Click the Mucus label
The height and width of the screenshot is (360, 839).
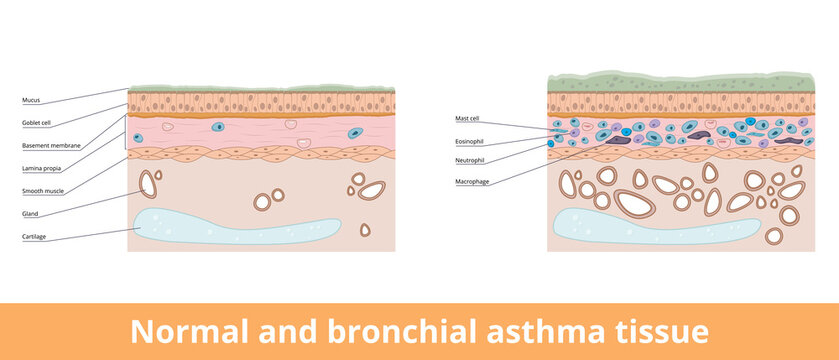click(31, 101)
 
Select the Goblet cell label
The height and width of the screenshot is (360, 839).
click(38, 123)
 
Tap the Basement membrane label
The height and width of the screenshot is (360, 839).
click(51, 146)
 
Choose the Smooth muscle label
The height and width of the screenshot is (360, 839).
click(43, 190)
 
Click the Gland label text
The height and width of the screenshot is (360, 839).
click(30, 214)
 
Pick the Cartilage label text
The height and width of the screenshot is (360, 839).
click(36, 237)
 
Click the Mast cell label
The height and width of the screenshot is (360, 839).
click(468, 119)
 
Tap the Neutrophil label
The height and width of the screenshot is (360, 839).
click(469, 160)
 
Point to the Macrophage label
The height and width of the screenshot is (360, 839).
click(472, 181)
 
